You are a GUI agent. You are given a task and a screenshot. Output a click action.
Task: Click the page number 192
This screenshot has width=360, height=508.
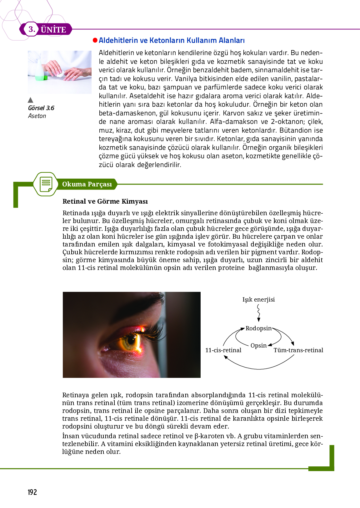coord(32,492)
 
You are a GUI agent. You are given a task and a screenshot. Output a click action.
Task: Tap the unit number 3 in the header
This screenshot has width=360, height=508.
coord(32,29)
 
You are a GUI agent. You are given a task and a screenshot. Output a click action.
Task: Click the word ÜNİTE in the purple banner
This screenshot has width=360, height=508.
coord(53,30)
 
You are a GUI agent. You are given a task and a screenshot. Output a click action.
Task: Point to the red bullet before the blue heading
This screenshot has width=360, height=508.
coord(95,40)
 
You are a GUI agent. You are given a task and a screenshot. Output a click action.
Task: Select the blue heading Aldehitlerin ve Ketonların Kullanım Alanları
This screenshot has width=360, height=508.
coord(172,40)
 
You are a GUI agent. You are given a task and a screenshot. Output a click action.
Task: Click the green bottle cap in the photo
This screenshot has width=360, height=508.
coord(45,78)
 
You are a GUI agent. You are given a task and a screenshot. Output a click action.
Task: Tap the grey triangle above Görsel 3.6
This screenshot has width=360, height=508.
coord(30,100)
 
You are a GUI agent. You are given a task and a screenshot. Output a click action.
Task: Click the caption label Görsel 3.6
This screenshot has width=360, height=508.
coord(41,108)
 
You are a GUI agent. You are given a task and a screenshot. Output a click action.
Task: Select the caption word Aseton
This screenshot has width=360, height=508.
coord(37,116)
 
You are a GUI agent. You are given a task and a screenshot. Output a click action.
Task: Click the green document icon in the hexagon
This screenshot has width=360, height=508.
coord(46,184)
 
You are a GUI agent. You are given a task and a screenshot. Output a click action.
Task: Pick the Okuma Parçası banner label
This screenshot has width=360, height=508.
coord(87,184)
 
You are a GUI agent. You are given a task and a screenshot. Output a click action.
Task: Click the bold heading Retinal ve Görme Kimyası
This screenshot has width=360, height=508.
coord(105,201)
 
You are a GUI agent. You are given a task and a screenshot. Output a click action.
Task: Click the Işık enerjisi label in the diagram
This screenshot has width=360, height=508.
coord(258,299)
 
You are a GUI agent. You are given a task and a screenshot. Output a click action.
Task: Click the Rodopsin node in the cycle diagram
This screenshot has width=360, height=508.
coord(258,328)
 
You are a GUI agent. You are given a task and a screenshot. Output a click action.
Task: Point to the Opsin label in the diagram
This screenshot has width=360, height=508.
coord(258,345)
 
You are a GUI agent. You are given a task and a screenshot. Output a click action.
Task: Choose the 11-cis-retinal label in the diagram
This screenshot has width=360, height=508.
coord(223,350)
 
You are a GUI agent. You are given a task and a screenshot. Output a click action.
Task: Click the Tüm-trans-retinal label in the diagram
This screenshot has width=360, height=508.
coord(298,350)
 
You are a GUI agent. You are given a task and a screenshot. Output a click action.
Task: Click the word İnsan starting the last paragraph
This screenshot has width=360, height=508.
coord(70,436)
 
